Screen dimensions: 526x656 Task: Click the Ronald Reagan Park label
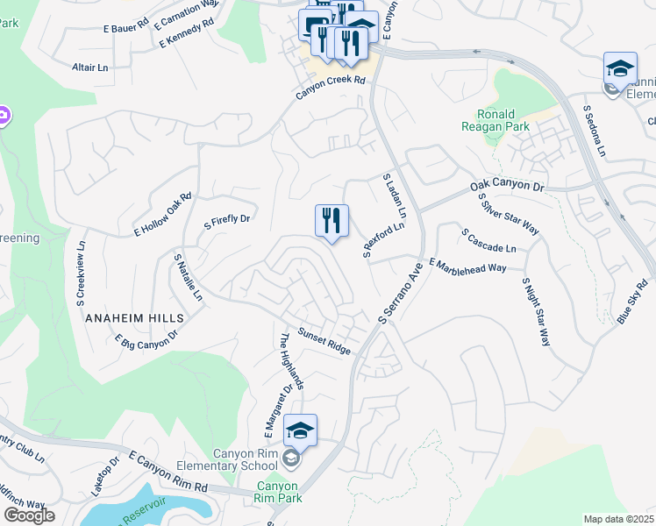pos(496,120)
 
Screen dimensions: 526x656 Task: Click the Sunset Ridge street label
pos(324,341)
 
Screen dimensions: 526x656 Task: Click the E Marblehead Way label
pos(468,266)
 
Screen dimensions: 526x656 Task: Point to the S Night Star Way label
pos(536,312)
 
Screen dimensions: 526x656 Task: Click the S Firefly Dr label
pos(227,220)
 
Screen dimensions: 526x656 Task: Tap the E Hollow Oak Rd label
pos(162,215)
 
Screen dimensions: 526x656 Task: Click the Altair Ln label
pos(90,67)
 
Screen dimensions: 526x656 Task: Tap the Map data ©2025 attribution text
pos(619,519)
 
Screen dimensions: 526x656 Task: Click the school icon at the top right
pos(620,68)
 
